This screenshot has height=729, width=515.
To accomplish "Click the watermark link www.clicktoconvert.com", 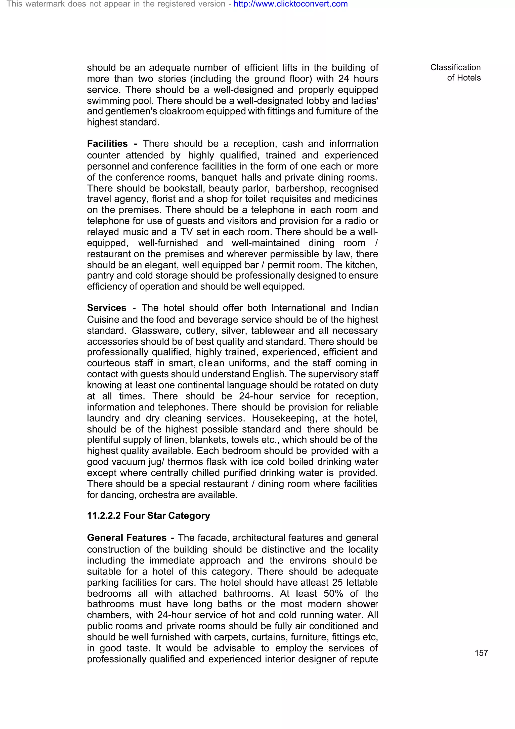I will pyautogui.click(x=290, y=4).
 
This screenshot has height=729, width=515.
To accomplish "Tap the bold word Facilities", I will pyautogui.click(x=107, y=144).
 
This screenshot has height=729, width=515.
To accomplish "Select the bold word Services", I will pyautogui.click(x=107, y=308).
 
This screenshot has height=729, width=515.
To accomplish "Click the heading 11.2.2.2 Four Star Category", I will pyautogui.click(x=149, y=515).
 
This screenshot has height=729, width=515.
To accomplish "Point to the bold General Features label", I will pyautogui.click(x=126, y=538).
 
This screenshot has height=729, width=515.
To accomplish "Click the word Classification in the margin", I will pyautogui.click(x=455, y=67).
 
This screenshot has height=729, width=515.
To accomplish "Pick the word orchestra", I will pyautogui.click(x=160, y=495).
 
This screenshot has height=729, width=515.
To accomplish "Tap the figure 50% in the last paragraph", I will pyautogui.click(x=333, y=593).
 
